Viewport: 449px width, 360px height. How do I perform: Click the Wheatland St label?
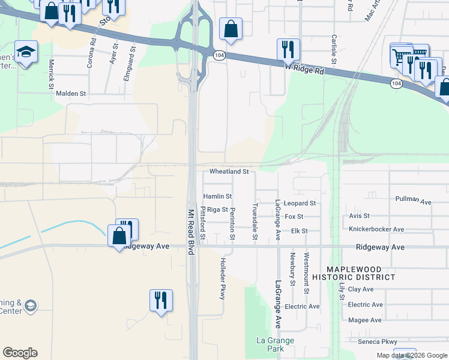point(229,172)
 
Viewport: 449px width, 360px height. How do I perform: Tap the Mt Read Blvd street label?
point(191,232)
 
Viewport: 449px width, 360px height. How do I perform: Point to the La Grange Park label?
point(270,344)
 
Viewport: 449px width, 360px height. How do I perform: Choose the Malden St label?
point(71,94)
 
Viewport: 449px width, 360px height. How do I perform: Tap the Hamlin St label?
point(217,196)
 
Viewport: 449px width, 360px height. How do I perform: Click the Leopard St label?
point(300,203)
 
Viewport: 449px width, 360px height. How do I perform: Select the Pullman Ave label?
point(414,200)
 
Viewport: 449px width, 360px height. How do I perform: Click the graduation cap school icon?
point(26,53)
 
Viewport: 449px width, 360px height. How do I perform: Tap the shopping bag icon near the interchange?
point(231,28)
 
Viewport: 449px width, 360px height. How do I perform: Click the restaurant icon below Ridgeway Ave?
point(161,299)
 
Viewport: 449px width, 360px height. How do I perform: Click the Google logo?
point(20,353)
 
